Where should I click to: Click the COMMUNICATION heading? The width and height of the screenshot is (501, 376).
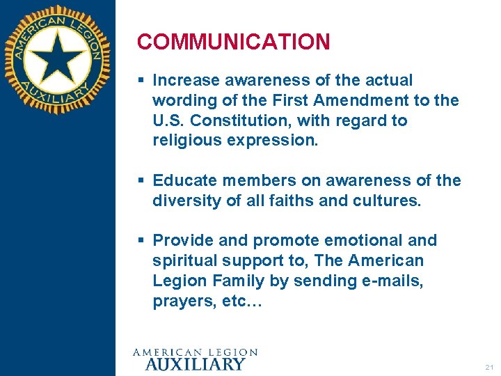pyautogui.click(x=233, y=42)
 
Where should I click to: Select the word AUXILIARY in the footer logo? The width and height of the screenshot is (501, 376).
pyautogui.click(x=194, y=363)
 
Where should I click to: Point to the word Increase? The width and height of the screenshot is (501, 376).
pyautogui.click(x=183, y=81)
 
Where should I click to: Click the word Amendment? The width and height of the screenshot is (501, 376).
pyautogui.click(x=365, y=100)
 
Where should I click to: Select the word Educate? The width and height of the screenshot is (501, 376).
pyautogui.click(x=182, y=180)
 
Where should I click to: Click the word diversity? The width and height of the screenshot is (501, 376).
pyautogui.click(x=182, y=201)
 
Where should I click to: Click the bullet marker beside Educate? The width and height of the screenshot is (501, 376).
pyautogui.click(x=141, y=181)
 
